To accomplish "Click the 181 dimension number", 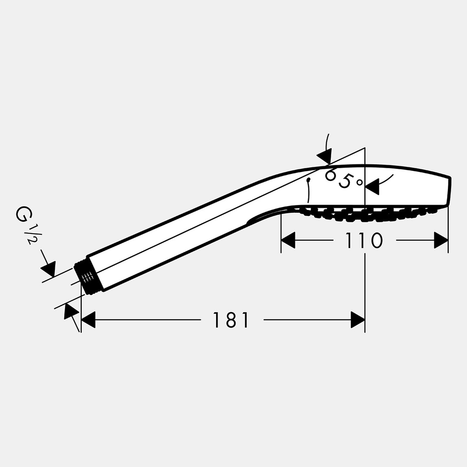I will (231, 320).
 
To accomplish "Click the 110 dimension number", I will (364, 240).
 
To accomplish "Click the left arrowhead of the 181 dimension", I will (88, 320).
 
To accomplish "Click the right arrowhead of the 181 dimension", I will (358, 320).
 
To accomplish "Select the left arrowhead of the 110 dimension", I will (288, 240).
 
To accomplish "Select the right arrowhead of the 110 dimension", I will (441, 240).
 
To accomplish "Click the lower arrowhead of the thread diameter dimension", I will (71, 311).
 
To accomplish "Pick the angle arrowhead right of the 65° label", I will (373, 186).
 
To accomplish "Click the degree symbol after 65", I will (359, 183).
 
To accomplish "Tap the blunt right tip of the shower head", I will (449, 191).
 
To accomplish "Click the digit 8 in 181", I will (231, 320).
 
